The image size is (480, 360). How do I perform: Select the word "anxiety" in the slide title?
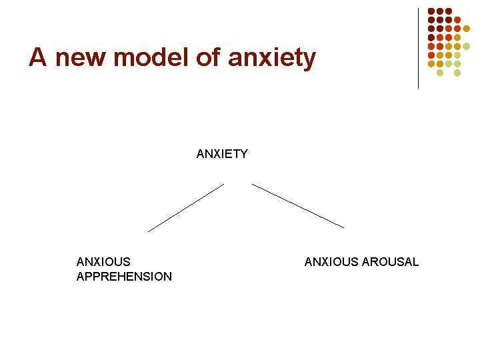[271, 58]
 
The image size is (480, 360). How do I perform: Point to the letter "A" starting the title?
[37, 58]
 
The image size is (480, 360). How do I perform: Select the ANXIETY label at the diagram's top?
[222, 154]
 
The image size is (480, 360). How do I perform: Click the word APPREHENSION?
[124, 277]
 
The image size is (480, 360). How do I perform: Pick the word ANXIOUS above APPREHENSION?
[103, 262]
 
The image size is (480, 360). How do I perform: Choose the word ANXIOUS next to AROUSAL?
[331, 262]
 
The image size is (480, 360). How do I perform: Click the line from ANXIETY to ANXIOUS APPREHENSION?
[186, 207]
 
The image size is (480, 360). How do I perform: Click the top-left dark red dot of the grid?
[431, 11]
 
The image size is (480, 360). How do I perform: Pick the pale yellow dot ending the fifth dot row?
[466, 46]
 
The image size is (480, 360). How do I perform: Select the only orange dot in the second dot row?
[457, 20]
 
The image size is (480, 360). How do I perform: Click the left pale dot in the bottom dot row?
[440, 72]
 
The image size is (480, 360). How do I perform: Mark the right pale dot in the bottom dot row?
[457, 72]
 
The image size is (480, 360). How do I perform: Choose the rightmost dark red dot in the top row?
[449, 11]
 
